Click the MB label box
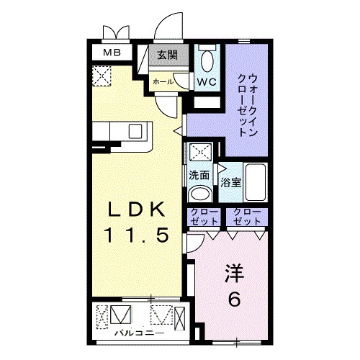(x=110, y=53)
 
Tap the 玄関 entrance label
(x=170, y=55)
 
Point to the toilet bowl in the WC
(x=209, y=58)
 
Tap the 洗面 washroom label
(x=199, y=175)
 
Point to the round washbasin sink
(x=199, y=194)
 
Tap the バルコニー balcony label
(x=138, y=333)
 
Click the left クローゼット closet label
(x=204, y=215)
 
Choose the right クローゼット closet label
(x=246, y=215)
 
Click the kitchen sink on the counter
(x=135, y=131)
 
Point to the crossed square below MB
(x=102, y=75)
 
